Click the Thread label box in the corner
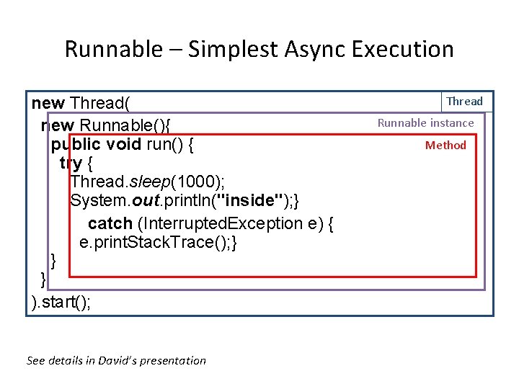465,102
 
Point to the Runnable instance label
425,123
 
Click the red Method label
445,146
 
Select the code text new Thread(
81,104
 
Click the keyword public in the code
76,144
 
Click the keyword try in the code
71,164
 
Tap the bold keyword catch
110,223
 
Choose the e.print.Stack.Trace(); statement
159,243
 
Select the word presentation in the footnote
177,361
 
